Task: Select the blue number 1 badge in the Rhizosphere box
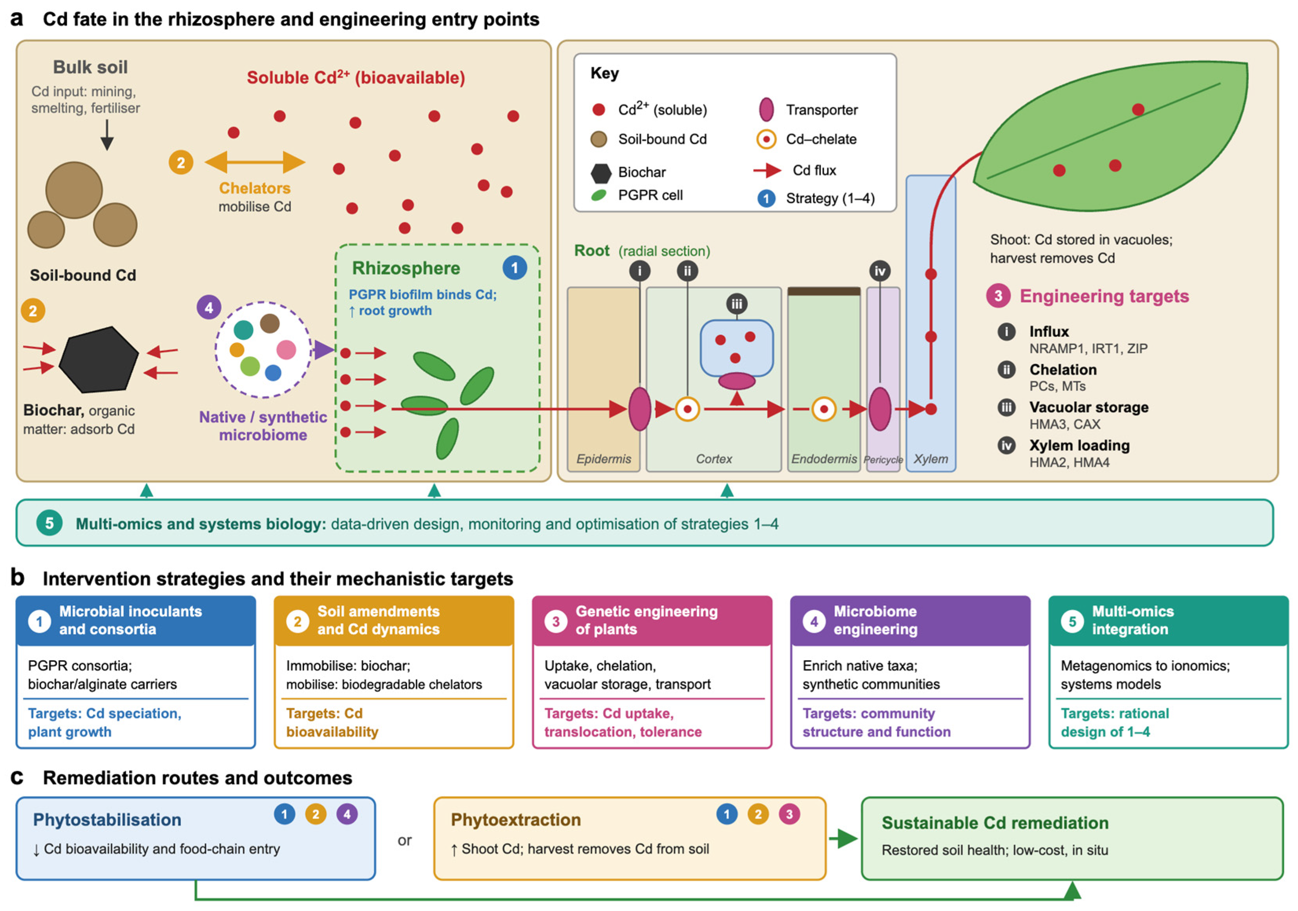[515, 268]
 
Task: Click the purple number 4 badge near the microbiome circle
[208, 308]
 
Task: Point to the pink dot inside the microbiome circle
[286, 350]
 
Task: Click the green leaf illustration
[1111, 136]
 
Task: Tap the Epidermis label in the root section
[604, 459]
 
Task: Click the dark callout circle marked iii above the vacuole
[737, 304]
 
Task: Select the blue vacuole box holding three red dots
[737, 348]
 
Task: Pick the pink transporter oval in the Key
[766, 109]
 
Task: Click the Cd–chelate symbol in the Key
[766, 139]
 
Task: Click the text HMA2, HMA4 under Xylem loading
[1069, 462]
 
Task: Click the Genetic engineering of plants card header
[652, 621]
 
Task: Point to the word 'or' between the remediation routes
[405, 840]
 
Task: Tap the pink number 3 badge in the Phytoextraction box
[789, 814]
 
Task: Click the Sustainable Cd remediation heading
[995, 823]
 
